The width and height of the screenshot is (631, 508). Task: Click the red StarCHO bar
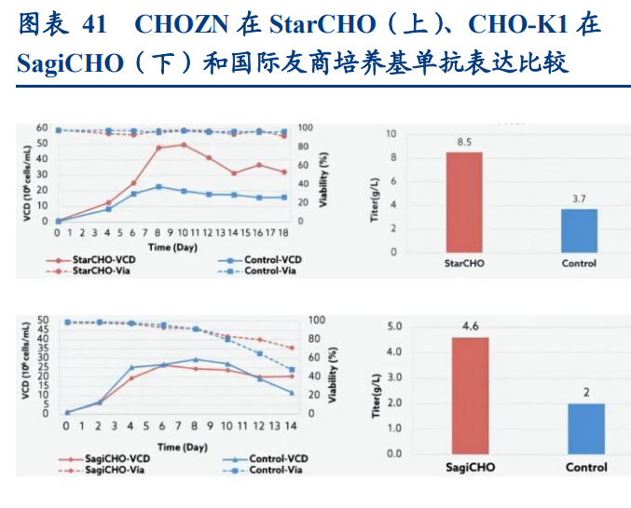click(x=463, y=201)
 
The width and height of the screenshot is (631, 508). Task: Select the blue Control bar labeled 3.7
click(x=579, y=230)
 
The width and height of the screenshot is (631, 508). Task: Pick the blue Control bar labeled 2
click(x=586, y=428)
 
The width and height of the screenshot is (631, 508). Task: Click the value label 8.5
click(x=463, y=143)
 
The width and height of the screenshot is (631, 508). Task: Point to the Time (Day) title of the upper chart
click(x=172, y=247)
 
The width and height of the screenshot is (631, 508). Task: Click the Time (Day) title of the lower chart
click(x=182, y=447)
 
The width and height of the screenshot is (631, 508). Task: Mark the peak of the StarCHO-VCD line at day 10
click(x=184, y=144)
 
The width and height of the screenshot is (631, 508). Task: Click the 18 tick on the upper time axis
click(x=283, y=233)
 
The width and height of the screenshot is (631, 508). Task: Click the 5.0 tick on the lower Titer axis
click(x=393, y=327)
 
